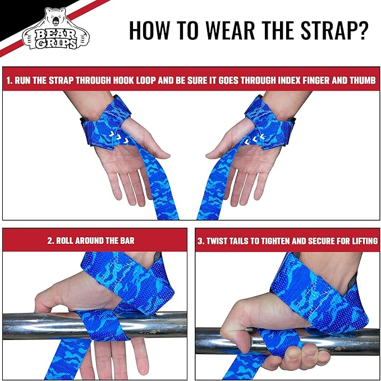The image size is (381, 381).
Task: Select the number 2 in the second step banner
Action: pyautogui.click(x=51, y=241)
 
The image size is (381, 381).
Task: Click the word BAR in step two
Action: pyautogui.click(x=127, y=241)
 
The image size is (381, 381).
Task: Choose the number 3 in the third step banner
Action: pyautogui.click(x=200, y=241)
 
